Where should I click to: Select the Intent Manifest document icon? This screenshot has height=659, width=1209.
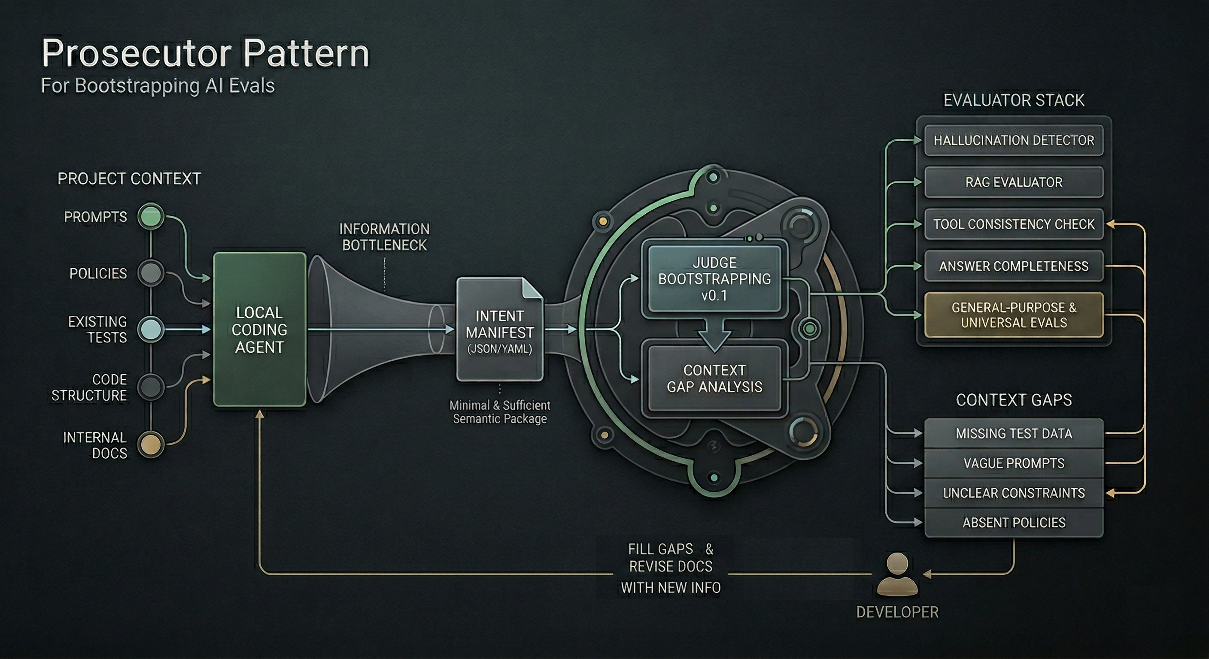pos(499,330)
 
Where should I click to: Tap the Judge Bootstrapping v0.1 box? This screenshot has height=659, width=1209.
pos(714,278)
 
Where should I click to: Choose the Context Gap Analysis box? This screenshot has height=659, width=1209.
pos(714,378)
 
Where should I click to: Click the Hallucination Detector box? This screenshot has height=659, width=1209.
pos(1013,140)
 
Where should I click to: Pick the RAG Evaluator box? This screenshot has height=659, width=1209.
pos(1013,182)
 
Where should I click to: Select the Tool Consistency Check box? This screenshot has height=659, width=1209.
pos(1013,224)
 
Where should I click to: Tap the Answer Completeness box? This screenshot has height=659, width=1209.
pos(1013,266)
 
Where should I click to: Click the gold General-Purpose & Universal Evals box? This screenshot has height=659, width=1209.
pos(1013,315)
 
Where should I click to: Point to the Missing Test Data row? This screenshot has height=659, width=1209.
pos(1013,433)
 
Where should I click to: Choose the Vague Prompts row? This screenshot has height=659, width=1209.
pos(1013,463)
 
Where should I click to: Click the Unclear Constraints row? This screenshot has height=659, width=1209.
pos(1013,493)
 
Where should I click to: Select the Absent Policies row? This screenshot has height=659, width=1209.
pos(1013,523)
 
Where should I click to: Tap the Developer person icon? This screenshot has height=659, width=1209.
pos(897,574)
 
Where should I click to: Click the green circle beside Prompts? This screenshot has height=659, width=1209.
pos(151,217)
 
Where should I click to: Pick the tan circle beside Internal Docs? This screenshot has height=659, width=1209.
pos(151,444)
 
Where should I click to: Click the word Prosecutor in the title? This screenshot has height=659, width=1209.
pos(136,53)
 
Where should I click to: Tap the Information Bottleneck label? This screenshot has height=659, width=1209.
pos(384,237)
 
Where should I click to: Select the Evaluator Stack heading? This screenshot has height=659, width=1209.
pos(1013,100)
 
